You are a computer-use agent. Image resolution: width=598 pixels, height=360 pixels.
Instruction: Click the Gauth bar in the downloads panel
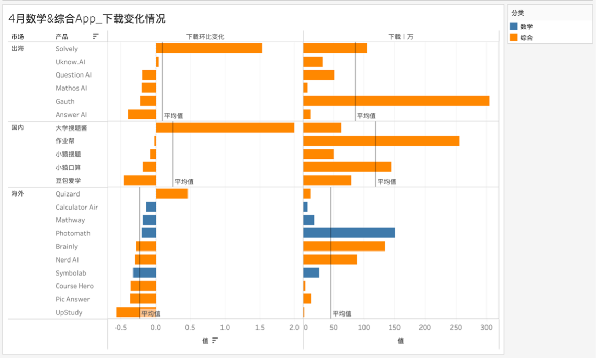[x=396, y=101]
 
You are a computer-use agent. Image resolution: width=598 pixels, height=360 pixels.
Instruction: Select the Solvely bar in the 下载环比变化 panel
[x=209, y=48]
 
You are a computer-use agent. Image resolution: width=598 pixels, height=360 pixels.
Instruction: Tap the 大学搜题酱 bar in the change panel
[x=225, y=127]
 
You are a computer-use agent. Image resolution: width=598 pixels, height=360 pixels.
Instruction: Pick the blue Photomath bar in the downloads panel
[x=349, y=233]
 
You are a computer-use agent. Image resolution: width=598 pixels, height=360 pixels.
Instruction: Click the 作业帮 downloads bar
[x=381, y=141]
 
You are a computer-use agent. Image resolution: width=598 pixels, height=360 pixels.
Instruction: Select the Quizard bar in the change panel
[x=172, y=193]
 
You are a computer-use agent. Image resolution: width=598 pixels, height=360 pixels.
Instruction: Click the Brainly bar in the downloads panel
[x=344, y=246]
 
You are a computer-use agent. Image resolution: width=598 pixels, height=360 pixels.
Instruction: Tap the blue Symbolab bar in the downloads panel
[x=311, y=273]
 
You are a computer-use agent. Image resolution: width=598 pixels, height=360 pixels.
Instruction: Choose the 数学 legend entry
[x=526, y=26]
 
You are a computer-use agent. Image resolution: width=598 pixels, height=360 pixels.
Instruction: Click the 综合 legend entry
[x=526, y=38]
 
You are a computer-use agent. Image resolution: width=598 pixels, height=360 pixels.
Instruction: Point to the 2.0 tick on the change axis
[x=294, y=328]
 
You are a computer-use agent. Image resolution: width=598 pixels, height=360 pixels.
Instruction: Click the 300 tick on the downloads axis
[x=486, y=328]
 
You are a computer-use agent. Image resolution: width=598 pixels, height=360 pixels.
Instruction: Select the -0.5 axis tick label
[x=120, y=328]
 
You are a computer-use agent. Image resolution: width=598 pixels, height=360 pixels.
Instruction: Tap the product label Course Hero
[x=74, y=286]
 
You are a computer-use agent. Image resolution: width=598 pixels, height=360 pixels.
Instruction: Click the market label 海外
[x=17, y=194]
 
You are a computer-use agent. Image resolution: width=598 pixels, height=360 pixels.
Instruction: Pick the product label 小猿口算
[x=68, y=167]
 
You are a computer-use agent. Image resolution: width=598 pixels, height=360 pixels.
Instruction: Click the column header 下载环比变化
[x=205, y=37]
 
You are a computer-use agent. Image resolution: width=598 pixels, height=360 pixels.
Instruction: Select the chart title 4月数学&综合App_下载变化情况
[x=87, y=19]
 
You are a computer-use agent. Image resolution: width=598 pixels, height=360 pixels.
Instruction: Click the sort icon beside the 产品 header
[x=96, y=36]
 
